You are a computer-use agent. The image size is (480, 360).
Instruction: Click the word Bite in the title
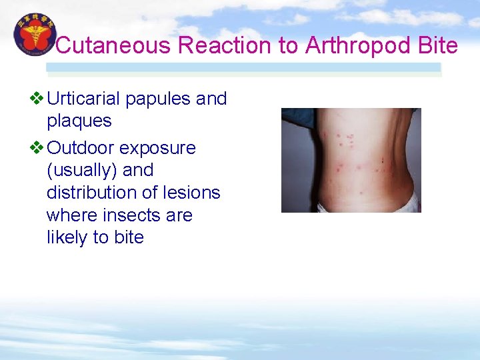(440, 45)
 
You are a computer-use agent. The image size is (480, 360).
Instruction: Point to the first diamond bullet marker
(37, 99)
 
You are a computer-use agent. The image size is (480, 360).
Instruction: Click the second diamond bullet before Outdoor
(37, 147)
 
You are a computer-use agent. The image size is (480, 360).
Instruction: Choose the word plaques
(79, 121)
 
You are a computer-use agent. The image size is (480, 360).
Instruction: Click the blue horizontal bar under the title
(243, 68)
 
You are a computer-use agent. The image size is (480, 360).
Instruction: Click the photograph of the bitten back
(351, 160)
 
